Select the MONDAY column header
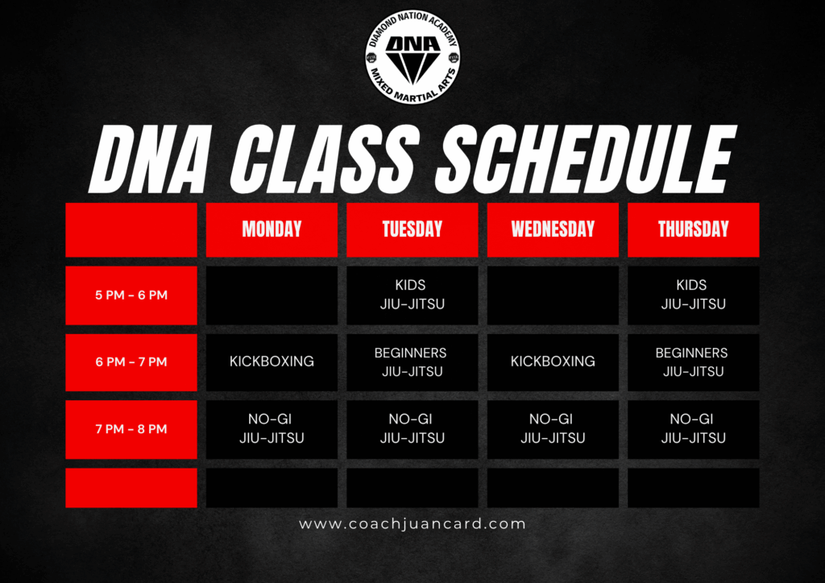[x=272, y=229]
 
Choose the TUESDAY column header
[x=412, y=229]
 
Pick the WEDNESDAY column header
[x=553, y=229]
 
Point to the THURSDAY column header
[x=693, y=229]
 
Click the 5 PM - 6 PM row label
[x=131, y=295]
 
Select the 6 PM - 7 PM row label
[x=131, y=362]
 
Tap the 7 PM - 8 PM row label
[x=131, y=429]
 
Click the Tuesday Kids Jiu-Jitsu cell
[x=412, y=295]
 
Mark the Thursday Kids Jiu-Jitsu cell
[x=693, y=295]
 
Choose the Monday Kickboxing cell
[x=272, y=362]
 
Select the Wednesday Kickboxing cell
[x=553, y=362]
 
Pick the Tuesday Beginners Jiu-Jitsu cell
[x=412, y=362]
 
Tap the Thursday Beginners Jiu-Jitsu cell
[x=693, y=362]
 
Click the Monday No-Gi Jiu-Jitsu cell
[x=272, y=429]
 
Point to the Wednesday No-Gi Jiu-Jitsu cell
[x=553, y=429]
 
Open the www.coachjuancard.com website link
[x=412, y=524]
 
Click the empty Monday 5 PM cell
[x=272, y=295]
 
